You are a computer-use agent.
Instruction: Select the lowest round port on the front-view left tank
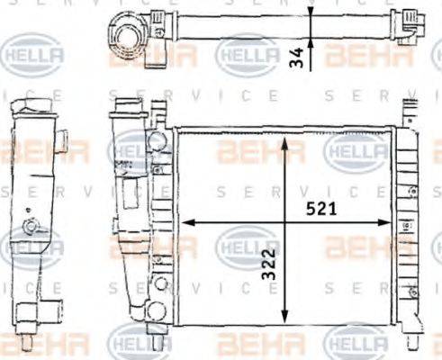click(x=158, y=311)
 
